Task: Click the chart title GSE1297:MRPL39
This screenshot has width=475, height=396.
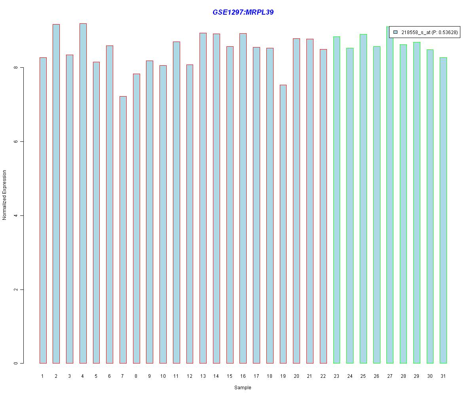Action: [243, 12]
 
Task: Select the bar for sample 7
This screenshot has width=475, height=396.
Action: [123, 230]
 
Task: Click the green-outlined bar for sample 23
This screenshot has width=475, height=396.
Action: [336, 200]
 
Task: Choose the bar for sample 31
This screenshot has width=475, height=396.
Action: [443, 210]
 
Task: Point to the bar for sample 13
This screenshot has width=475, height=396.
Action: [203, 198]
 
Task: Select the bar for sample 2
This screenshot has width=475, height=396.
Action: [56, 194]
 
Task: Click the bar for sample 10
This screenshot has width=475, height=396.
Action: [163, 214]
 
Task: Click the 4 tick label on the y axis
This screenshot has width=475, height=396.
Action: [16, 215]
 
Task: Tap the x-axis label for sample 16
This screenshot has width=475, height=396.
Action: [243, 376]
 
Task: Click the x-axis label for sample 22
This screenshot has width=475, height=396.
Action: [323, 376]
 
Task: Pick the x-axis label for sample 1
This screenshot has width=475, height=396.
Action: [43, 376]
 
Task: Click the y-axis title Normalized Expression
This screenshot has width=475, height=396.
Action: [5, 195]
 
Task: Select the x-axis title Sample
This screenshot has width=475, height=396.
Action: [243, 388]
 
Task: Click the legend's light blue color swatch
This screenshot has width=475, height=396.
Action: [395, 32]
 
